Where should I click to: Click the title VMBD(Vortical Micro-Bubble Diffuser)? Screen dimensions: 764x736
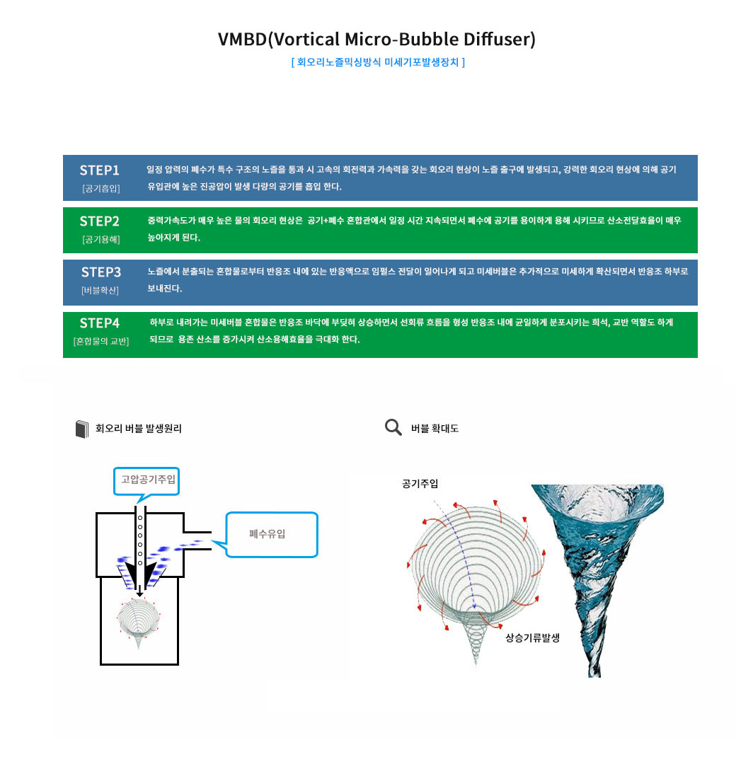tap(376, 39)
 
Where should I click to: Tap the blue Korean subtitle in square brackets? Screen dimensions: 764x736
tap(378, 62)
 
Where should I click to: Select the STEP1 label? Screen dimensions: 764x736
tap(99, 170)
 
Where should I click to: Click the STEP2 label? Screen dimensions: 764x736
tap(99, 221)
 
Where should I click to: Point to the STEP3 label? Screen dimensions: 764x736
tap(100, 272)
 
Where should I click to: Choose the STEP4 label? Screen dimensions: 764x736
tap(99, 323)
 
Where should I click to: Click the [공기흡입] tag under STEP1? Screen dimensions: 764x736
tap(100, 188)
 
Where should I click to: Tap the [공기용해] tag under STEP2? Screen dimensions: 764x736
tap(100, 240)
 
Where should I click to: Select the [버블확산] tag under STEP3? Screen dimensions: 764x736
tap(100, 290)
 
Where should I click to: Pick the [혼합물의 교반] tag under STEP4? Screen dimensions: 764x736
tap(100, 342)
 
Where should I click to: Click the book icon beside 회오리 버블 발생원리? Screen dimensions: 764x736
tap(82, 429)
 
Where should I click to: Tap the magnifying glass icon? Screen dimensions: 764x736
tap(393, 427)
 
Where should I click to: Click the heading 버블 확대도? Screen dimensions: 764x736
tap(435, 429)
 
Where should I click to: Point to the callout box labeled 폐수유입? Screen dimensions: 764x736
tap(271, 533)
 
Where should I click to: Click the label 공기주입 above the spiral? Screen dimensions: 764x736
tap(420, 484)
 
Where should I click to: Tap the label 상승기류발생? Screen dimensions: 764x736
tap(532, 637)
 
